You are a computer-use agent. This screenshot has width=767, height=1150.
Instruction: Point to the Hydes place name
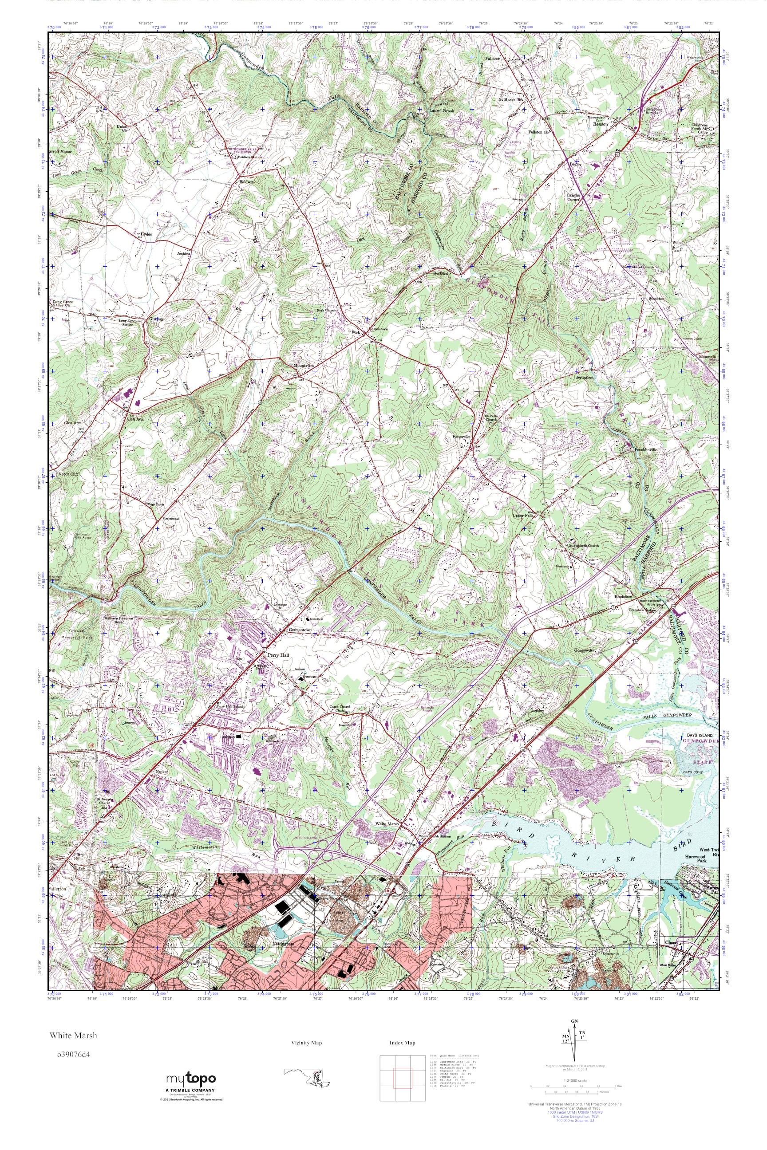[145, 234]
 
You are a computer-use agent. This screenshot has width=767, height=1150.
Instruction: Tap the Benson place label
[600, 124]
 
